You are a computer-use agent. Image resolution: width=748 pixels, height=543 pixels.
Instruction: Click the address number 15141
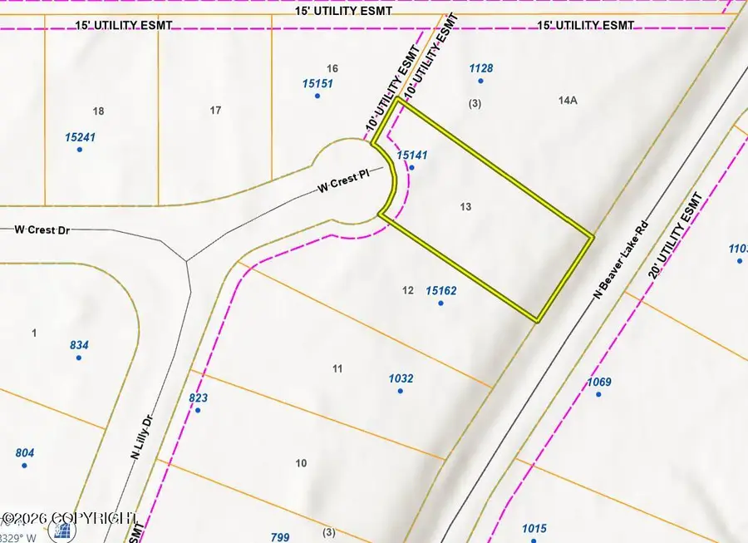[412, 155]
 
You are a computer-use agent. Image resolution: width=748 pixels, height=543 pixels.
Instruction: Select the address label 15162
[440, 290]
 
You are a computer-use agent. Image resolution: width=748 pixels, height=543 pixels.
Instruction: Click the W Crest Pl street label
[342, 183]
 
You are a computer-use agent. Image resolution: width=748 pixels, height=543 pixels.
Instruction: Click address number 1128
[481, 68]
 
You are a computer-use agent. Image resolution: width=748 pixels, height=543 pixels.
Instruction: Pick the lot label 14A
[568, 100]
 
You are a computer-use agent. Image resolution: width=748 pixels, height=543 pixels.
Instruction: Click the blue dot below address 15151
[317, 96]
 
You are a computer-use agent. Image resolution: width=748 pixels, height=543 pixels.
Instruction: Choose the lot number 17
[216, 110]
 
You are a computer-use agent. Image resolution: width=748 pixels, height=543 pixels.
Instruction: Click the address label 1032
[401, 378]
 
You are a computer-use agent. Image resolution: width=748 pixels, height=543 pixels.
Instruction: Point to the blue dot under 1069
[598, 393]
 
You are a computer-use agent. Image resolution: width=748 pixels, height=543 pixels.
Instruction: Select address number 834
[80, 345]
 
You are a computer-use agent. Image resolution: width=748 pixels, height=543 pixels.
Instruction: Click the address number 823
[198, 398]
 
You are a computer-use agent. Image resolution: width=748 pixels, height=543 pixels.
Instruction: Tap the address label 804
[25, 452]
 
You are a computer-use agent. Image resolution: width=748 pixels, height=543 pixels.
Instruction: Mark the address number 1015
[534, 528]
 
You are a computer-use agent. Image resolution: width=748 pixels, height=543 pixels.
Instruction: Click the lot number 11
[337, 368]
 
